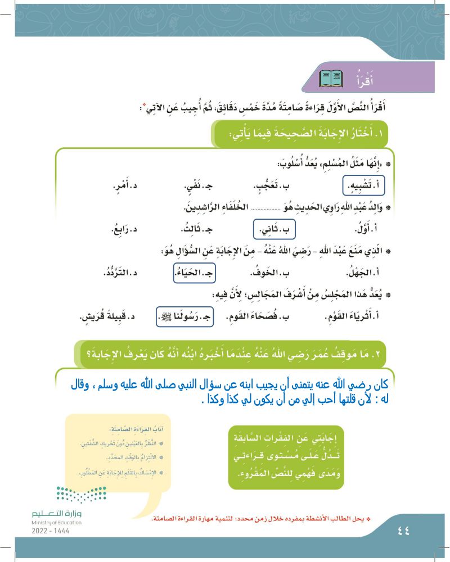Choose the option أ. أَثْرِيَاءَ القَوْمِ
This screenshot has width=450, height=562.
pos(352,318)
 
